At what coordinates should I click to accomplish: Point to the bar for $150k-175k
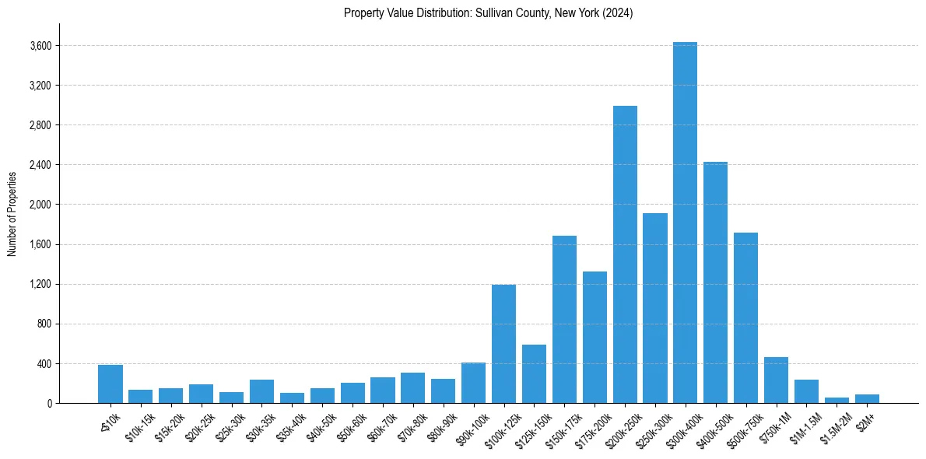tap(564, 319)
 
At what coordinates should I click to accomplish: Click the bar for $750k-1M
tap(776, 380)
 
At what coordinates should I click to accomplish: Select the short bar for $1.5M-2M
tap(837, 400)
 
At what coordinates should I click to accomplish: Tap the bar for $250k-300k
tap(655, 308)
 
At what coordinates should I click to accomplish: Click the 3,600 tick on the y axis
tap(40, 46)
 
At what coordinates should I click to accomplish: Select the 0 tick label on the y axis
tap(48, 403)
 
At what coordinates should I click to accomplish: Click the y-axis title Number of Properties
tap(12, 214)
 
